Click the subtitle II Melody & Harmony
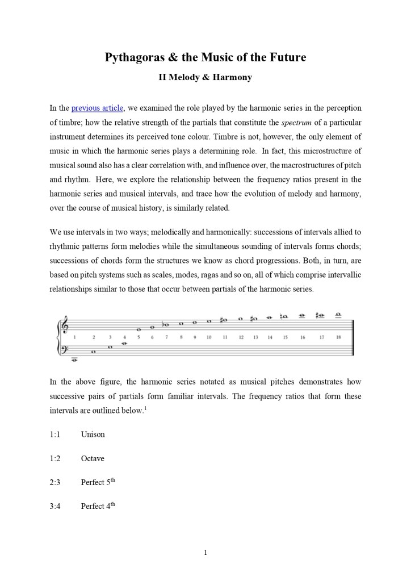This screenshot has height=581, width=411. click(x=205, y=77)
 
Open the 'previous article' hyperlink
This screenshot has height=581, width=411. click(x=97, y=108)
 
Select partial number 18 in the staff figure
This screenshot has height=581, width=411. click(x=338, y=337)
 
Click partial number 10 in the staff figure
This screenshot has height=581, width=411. click(x=209, y=337)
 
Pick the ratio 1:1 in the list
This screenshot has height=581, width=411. click(x=55, y=434)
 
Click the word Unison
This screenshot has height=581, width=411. click(x=93, y=434)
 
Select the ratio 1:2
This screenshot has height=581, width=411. click(x=55, y=458)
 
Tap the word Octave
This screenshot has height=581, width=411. click(x=93, y=458)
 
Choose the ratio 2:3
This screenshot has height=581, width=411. click(x=55, y=482)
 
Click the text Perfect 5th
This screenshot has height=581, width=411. click(x=98, y=482)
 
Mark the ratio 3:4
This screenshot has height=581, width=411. click(x=55, y=506)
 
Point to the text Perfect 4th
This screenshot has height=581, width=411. click(x=98, y=506)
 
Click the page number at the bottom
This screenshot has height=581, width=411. click(x=205, y=553)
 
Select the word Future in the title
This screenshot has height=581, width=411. click(x=286, y=57)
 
